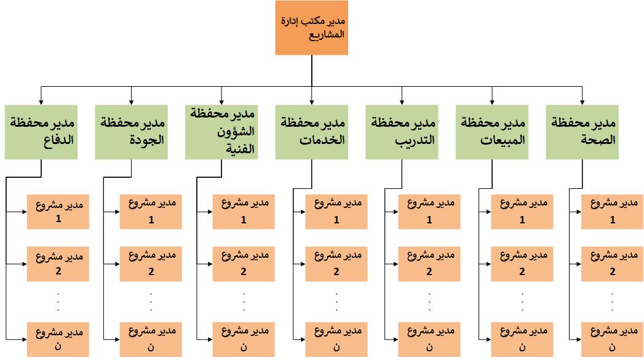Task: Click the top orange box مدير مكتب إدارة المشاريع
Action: pyautogui.click(x=312, y=28)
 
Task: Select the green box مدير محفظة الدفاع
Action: pyautogui.click(x=41, y=132)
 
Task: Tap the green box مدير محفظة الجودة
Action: pyautogui.click(x=132, y=132)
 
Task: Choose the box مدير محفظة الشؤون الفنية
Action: pyautogui.click(x=221, y=132)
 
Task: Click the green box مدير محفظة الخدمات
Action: pyautogui.click(x=312, y=132)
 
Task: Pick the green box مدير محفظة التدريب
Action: pyautogui.click(x=402, y=132)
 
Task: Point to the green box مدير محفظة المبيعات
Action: pyautogui.click(x=492, y=132)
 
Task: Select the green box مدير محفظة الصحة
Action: pyautogui.click(x=582, y=132)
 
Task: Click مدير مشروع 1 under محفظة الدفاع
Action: pyautogui.click(x=58, y=212)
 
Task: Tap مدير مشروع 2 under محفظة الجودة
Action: pyautogui.click(x=151, y=264)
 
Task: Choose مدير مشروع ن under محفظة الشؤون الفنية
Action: pyautogui.click(x=244, y=340)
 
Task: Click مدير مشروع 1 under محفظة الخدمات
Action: pyautogui.click(x=336, y=212)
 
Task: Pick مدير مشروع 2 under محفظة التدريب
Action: pyautogui.click(x=429, y=264)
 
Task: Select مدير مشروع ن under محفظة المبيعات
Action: pyautogui.click(x=522, y=340)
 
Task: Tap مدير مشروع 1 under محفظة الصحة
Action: pyautogui.click(x=613, y=212)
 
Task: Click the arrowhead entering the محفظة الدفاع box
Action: pyautogui.click(x=41, y=102)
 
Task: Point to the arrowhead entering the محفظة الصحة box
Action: pyautogui.click(x=582, y=102)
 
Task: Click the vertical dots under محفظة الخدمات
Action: pyautogui.click(x=337, y=302)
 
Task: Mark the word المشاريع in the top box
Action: pyautogui.click(x=327, y=34)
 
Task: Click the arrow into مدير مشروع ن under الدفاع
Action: pyautogui.click(x=17, y=340)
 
